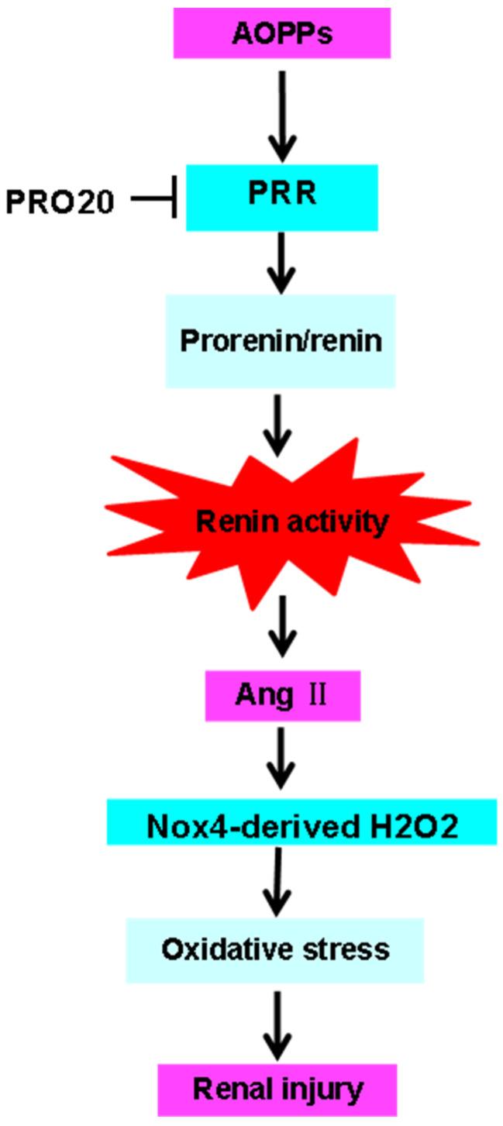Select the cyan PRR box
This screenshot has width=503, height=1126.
coord(281,197)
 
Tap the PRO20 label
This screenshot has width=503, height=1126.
coord(60,201)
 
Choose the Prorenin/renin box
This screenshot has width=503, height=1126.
coord(280,341)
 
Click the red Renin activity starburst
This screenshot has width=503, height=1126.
coord(291,523)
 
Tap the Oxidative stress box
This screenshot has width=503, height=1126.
coord(275,949)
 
